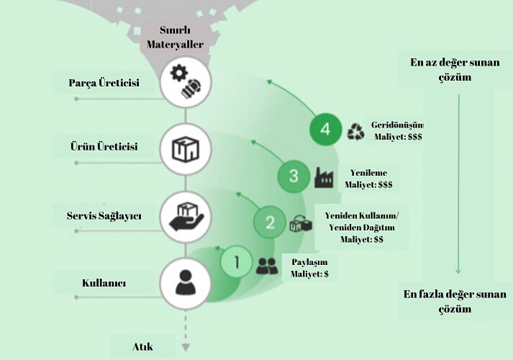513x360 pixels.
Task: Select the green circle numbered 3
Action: (294, 176)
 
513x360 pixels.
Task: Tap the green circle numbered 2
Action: (270, 222)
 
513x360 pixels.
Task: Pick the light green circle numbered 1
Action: (237, 263)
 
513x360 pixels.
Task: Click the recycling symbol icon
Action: (355, 131)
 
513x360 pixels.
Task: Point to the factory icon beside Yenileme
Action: (324, 177)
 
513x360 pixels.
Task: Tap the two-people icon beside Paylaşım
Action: (267, 266)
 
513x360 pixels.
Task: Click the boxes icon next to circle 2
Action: (300, 224)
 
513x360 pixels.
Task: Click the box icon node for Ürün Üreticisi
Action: (185, 149)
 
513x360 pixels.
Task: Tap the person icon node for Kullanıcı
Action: (185, 282)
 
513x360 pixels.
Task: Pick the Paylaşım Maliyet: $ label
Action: (309, 266)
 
